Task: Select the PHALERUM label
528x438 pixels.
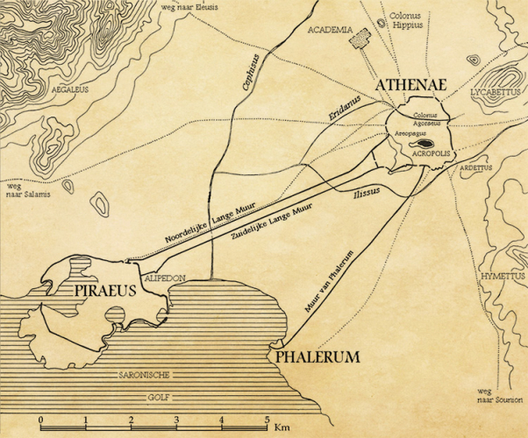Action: (318, 357)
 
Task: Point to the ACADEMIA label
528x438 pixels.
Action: (329, 29)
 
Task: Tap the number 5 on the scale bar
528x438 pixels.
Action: (267, 419)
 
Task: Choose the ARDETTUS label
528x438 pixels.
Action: (477, 166)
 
